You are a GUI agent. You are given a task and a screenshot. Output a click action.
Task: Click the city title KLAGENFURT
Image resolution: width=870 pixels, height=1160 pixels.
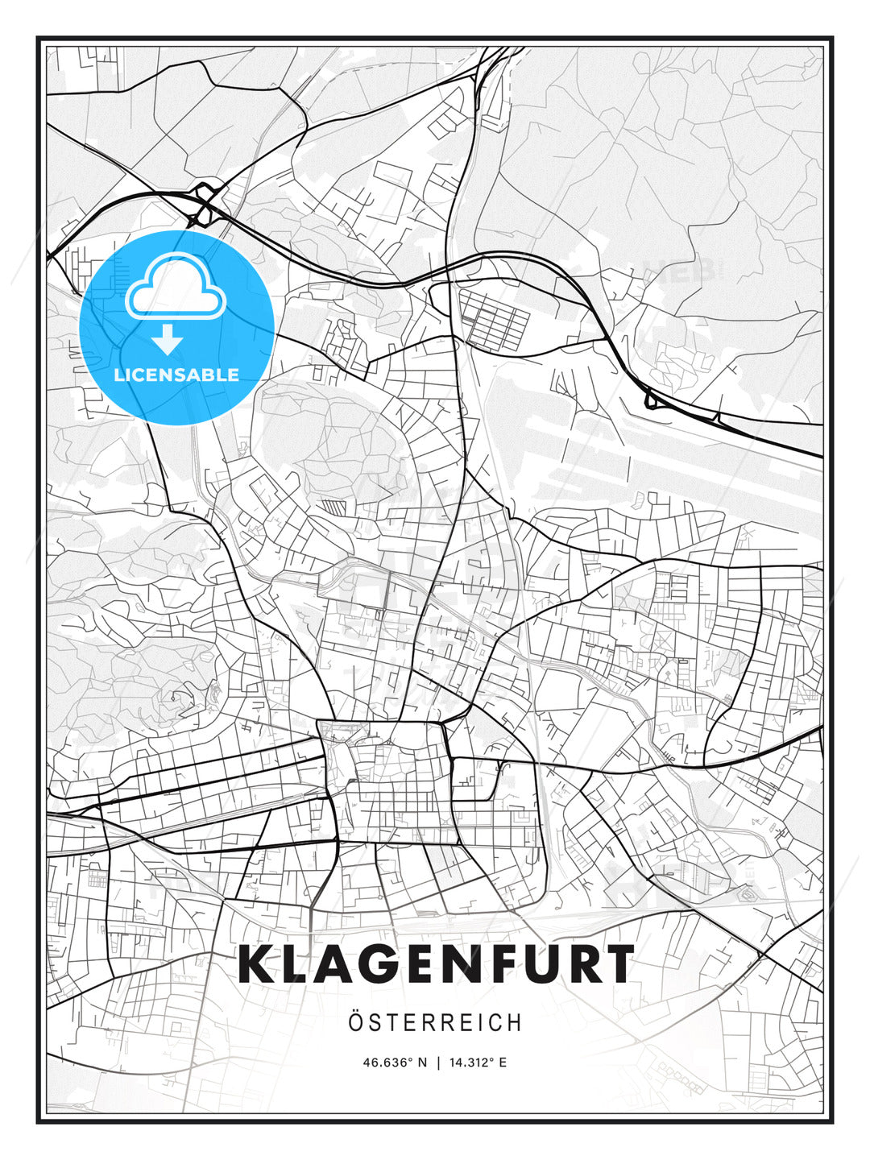436,964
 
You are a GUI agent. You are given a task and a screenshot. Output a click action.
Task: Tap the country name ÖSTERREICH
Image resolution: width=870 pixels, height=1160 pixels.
435,1022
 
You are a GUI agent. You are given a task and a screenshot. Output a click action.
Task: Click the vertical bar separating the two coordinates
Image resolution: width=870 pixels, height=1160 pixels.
438,1063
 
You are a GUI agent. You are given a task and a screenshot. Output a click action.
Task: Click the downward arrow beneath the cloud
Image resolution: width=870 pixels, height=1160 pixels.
168,339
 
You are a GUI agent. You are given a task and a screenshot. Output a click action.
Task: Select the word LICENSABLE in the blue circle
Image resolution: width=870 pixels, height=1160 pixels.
176,375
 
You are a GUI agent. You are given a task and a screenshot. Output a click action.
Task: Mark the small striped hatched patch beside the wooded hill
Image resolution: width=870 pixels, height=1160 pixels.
333,507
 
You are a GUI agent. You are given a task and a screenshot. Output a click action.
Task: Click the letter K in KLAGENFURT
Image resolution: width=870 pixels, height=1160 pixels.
258,964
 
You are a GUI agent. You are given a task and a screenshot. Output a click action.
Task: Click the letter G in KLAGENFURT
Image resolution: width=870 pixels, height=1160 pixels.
383,964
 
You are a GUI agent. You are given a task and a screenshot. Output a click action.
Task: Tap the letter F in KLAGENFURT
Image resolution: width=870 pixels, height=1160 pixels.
486,964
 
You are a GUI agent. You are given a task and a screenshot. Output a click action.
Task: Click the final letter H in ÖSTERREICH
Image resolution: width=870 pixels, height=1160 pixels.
515,1022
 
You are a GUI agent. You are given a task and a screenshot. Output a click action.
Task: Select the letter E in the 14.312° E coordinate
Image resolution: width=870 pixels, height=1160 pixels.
503,1063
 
